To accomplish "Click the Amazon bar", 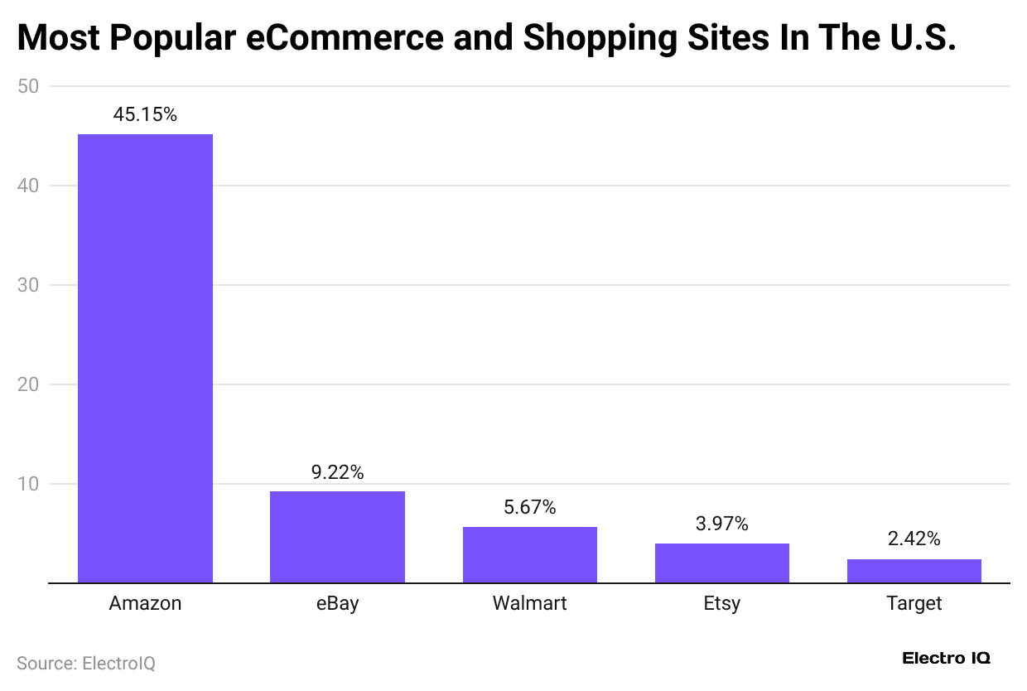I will pyautogui.click(x=145, y=358).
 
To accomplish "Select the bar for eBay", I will pyautogui.click(x=337, y=537).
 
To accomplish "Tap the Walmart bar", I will pyautogui.click(x=529, y=554).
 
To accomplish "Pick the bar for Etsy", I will pyautogui.click(x=721, y=563).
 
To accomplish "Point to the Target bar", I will pyautogui.click(x=914, y=571).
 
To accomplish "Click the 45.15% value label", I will pyautogui.click(x=145, y=115).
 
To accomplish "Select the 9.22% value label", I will pyautogui.click(x=337, y=472).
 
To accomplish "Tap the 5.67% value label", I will pyautogui.click(x=529, y=508).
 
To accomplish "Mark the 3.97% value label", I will pyautogui.click(x=721, y=524).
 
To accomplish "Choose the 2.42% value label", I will pyautogui.click(x=914, y=539).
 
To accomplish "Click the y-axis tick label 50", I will pyautogui.click(x=28, y=86).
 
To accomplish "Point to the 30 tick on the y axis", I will pyautogui.click(x=28, y=285).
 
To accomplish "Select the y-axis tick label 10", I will pyautogui.click(x=28, y=484).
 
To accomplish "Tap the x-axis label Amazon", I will pyautogui.click(x=145, y=603).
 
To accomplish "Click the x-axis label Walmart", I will pyautogui.click(x=529, y=603).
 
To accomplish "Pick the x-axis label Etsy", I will pyautogui.click(x=721, y=603).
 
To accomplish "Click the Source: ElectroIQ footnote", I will pyautogui.click(x=86, y=663).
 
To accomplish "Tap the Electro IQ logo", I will pyautogui.click(x=946, y=659).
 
